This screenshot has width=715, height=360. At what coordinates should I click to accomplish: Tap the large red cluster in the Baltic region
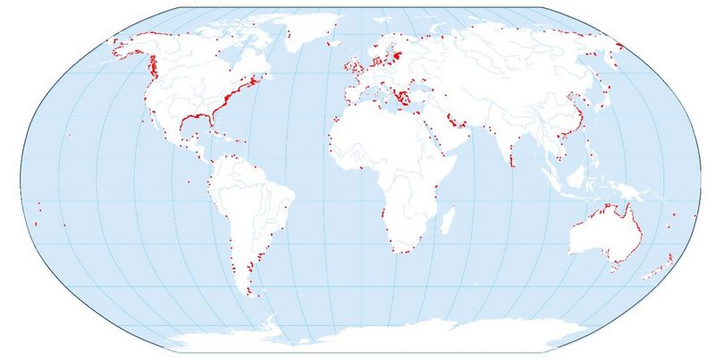(x=397, y=55)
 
